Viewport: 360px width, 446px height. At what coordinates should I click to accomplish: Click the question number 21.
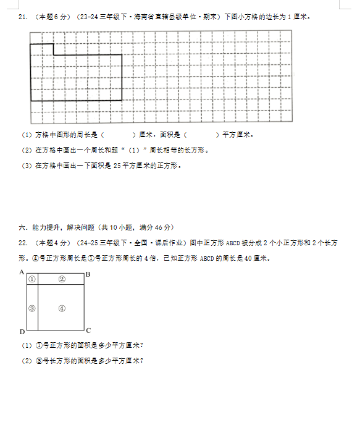click(x=22, y=17)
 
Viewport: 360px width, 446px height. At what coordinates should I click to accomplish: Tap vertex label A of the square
click(x=21, y=272)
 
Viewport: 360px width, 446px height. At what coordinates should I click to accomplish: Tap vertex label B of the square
click(x=88, y=274)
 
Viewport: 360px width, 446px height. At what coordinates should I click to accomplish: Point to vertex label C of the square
click(x=88, y=330)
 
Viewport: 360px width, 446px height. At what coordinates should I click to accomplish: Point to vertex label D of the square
click(x=21, y=330)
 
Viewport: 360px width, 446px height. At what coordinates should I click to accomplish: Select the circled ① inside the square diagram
click(x=32, y=279)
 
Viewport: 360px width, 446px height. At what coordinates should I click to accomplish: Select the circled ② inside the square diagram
click(x=62, y=279)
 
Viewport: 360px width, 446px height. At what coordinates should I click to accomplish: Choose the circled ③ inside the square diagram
click(x=32, y=308)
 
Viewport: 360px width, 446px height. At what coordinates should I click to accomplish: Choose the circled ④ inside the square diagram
click(x=62, y=308)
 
